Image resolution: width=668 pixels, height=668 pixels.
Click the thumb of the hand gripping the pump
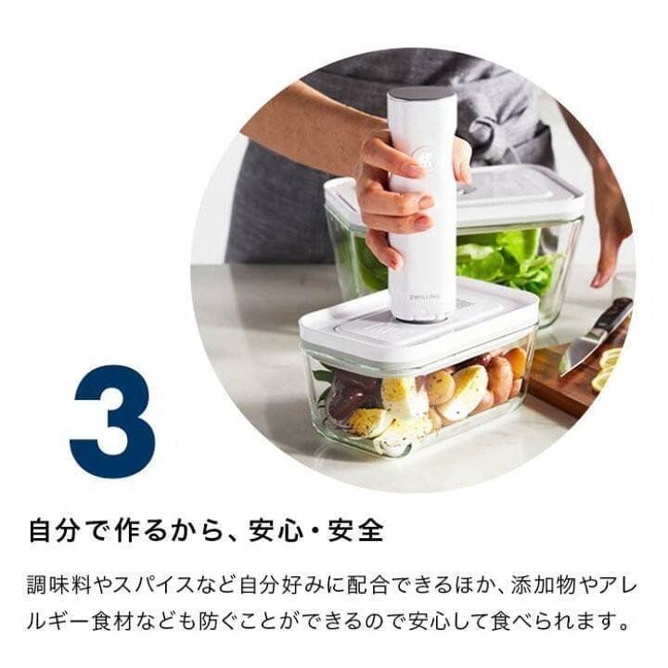click(460, 158)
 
